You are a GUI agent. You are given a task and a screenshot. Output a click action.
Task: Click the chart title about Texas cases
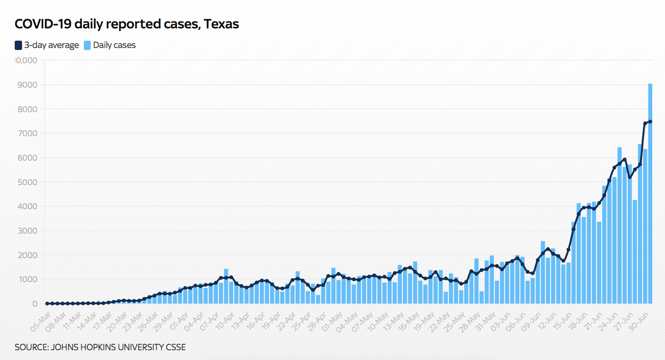click(x=126, y=24)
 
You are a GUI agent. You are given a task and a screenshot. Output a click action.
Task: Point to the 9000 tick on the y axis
click(x=28, y=85)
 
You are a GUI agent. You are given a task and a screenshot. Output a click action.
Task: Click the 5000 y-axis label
click(x=28, y=182)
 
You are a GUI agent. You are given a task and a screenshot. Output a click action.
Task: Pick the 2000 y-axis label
click(x=28, y=255)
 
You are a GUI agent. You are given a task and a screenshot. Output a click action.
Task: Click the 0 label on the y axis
click(x=34, y=304)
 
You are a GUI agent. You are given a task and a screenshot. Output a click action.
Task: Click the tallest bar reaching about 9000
click(x=650, y=196)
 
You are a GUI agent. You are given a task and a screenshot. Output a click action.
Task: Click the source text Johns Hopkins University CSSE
click(x=100, y=347)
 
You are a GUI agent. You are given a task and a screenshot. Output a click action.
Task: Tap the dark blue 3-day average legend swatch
click(x=18, y=45)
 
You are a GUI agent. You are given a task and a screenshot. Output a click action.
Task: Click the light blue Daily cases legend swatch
click(x=87, y=45)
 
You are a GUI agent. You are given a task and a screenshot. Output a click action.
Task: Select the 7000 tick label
click(x=28, y=133)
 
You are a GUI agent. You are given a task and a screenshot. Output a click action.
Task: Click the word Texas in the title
click(x=222, y=24)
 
